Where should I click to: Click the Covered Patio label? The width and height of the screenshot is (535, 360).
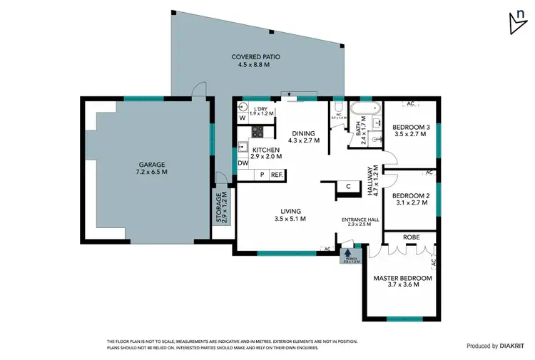click(253, 60)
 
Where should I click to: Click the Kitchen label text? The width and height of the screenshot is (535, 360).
click(264, 153)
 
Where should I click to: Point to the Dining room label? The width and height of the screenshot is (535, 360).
click(303, 136)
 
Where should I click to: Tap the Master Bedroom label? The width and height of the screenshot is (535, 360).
click(403, 281)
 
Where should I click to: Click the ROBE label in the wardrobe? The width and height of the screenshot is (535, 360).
click(411, 237)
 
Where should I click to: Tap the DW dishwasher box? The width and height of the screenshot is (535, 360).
click(243, 163)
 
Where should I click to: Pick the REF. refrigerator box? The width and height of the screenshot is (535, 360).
click(276, 175)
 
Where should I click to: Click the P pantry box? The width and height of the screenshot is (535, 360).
click(262, 175)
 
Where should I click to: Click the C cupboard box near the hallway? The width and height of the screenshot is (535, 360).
click(347, 187)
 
